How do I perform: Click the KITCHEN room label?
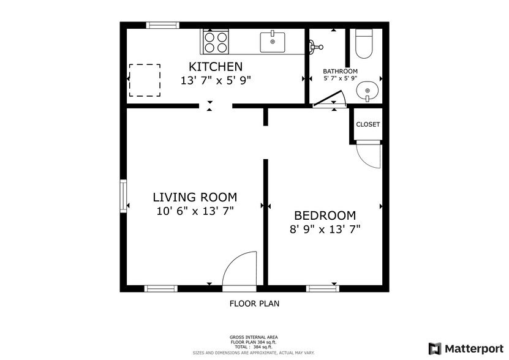coord(215,67)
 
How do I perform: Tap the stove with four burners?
coord(215,42)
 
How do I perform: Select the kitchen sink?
coord(273,42)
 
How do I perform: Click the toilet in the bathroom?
coord(364,43)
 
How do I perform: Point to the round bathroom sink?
coord(367,91)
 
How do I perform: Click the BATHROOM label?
coord(341,71)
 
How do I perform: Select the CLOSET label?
coord(368,124)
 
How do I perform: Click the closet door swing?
coord(369,155)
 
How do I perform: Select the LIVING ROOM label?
coord(194,197)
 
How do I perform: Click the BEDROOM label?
coord(325,216)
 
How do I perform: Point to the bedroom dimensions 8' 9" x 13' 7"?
coord(325,230)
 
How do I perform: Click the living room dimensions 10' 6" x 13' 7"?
coord(194,211)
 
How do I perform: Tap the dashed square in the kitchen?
coord(145,80)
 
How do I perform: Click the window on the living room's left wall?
coord(123,195)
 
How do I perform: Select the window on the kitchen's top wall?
coord(162,25)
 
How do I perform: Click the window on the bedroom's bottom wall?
coord(322,288)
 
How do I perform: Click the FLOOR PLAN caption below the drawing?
coord(254,303)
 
